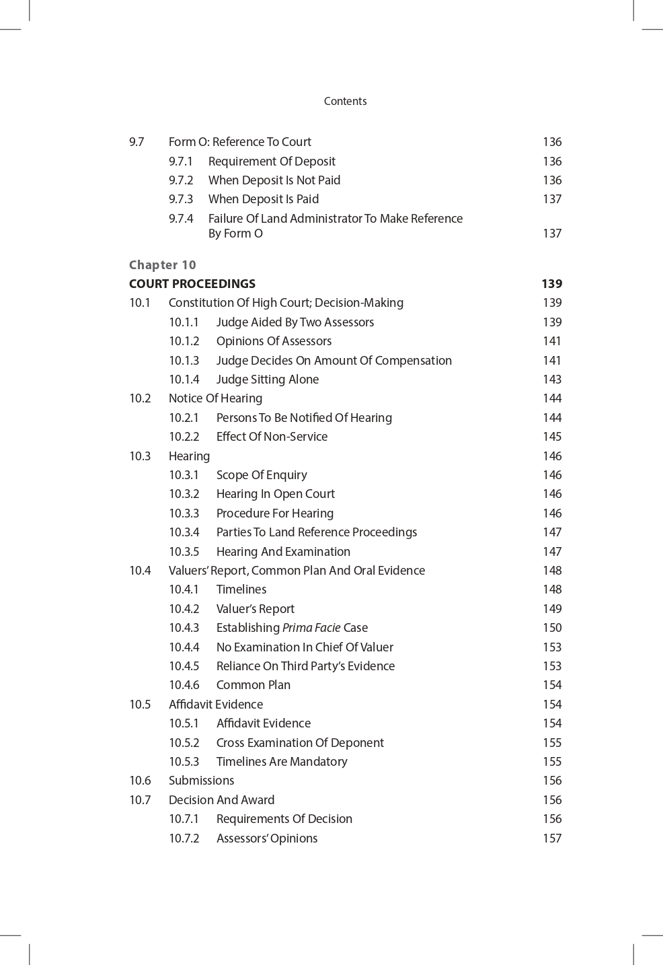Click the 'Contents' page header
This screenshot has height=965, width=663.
pyautogui.click(x=345, y=101)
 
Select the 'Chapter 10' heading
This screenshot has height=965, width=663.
pyautogui.click(x=162, y=264)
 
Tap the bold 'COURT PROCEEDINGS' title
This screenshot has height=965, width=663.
pyautogui.click(x=192, y=283)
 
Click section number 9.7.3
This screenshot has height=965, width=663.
pyautogui.click(x=181, y=199)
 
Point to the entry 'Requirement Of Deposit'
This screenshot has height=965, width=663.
pyautogui.click(x=272, y=162)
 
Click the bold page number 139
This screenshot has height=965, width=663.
pyautogui.click(x=551, y=283)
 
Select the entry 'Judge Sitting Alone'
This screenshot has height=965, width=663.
pyautogui.click(x=268, y=380)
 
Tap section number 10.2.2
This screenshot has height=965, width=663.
pyautogui.click(x=184, y=437)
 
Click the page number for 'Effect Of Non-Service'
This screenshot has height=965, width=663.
pyautogui.click(x=552, y=437)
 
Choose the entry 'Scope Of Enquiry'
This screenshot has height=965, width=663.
pyautogui.click(x=262, y=475)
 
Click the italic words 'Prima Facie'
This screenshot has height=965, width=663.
pyautogui.click(x=311, y=628)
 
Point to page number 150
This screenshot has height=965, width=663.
pyautogui.click(x=552, y=628)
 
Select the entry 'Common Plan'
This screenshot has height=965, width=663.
pyautogui.click(x=253, y=685)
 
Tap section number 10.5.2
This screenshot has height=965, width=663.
pyautogui.click(x=184, y=743)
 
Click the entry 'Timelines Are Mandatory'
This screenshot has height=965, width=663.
pyautogui.click(x=282, y=762)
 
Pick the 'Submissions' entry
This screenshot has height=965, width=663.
pyautogui.click(x=201, y=781)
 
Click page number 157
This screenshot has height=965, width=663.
pyautogui.click(x=552, y=838)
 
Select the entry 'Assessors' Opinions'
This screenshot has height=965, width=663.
pyautogui.click(x=267, y=838)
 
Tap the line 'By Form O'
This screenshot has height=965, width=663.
pyautogui.click(x=235, y=234)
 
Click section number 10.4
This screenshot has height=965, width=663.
pyautogui.click(x=140, y=571)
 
